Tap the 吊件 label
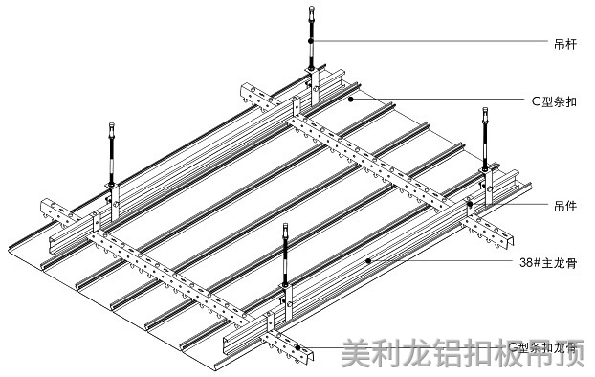tap(563, 205)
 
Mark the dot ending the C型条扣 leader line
tap(352, 98)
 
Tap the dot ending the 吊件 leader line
tap(471, 203)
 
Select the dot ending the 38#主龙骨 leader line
tap(369, 259)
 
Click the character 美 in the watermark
tap(358, 356)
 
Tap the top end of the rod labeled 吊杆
tap(311, 10)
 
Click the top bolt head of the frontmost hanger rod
tap(286, 228)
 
